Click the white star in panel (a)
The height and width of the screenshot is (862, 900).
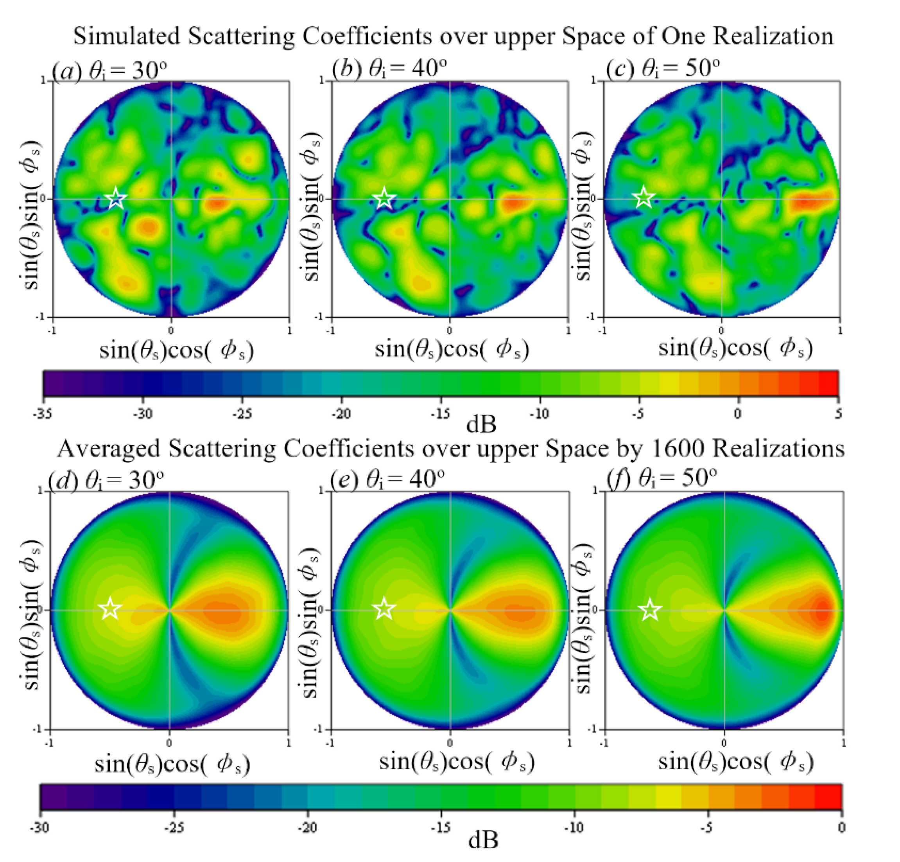click(116, 198)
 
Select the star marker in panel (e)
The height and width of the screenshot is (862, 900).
click(384, 609)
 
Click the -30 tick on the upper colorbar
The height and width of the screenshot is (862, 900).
click(143, 413)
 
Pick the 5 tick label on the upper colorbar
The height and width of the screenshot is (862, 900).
click(838, 413)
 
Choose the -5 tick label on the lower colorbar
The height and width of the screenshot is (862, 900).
click(708, 827)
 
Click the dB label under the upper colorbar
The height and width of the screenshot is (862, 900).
click(481, 424)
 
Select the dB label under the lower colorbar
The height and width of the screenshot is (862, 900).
click(482, 840)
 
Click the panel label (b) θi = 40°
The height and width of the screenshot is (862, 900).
click(389, 69)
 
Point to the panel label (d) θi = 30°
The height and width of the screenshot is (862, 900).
click(106, 480)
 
